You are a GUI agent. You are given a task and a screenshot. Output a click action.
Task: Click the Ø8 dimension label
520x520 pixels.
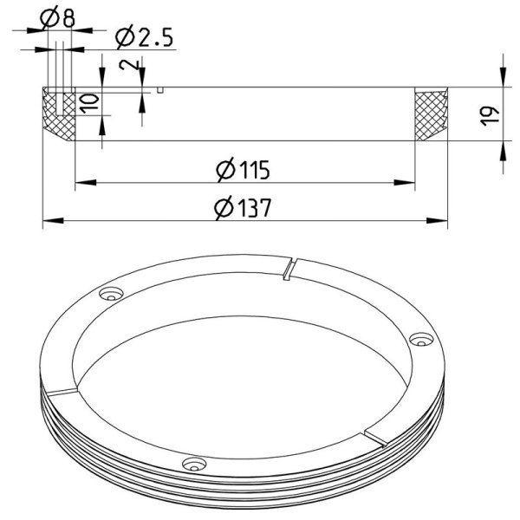57,17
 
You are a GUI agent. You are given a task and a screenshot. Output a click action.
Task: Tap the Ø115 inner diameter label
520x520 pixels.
243,170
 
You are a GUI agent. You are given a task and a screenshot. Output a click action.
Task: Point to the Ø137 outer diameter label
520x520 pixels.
243,208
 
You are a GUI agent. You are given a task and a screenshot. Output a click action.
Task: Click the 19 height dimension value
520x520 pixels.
490,116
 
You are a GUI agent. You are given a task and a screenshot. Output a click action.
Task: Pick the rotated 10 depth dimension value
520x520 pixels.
90,104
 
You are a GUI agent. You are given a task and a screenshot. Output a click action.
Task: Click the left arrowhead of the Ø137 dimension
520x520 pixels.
53,220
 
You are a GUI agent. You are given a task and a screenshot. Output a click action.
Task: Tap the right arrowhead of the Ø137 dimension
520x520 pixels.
437,220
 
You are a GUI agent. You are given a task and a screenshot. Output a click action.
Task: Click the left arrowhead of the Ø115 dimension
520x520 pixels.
86,182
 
